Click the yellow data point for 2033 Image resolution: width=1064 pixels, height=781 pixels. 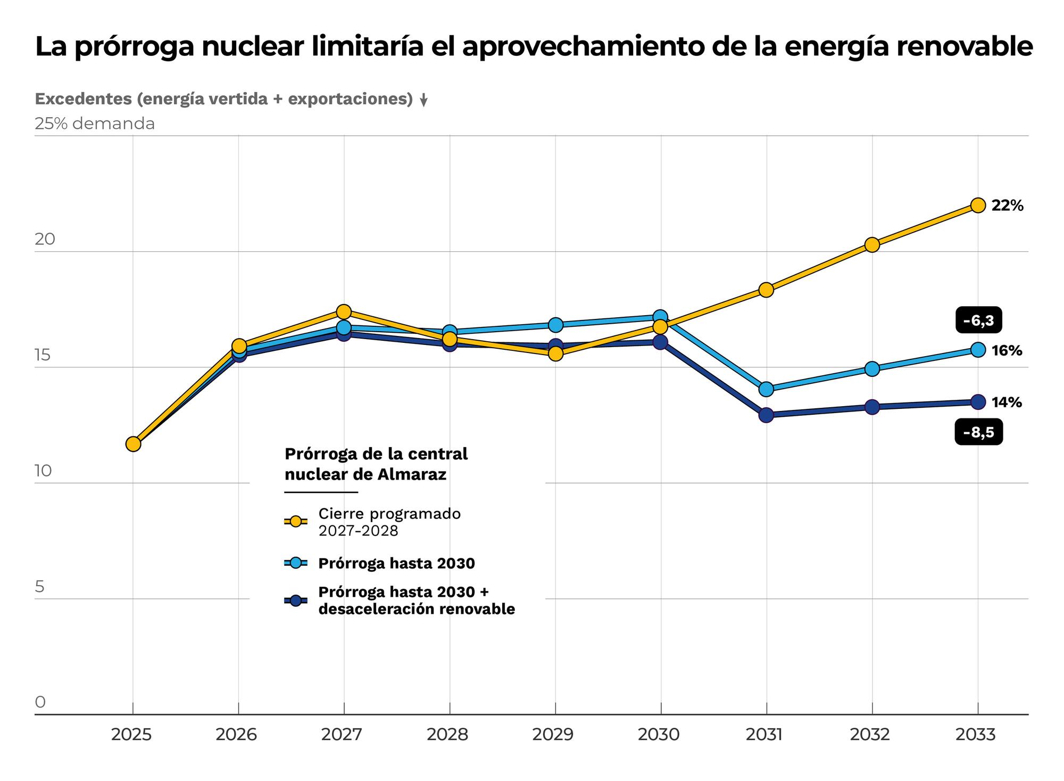[978, 205]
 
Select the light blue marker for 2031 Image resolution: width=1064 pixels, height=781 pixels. [766, 389]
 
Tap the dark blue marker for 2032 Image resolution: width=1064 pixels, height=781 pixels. [872, 407]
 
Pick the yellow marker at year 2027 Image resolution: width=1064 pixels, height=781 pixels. [344, 311]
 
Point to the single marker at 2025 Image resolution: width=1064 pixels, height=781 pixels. [133, 444]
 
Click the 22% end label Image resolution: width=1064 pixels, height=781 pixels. [1007, 206]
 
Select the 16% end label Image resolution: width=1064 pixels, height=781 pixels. [1007, 351]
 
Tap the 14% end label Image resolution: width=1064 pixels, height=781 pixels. [1007, 402]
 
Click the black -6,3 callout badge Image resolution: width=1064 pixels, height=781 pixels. [979, 320]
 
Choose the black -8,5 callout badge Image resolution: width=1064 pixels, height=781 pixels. [979, 432]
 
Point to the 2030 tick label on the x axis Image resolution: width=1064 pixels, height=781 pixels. [660, 735]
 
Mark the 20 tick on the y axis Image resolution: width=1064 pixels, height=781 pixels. [45, 239]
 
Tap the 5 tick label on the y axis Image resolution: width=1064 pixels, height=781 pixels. [40, 587]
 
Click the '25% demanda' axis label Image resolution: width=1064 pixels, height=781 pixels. [95, 124]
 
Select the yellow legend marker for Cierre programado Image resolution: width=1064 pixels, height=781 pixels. [296, 522]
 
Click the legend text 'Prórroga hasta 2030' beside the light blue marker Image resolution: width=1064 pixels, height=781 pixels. [396, 563]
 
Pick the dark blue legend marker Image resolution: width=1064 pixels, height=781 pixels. [296, 601]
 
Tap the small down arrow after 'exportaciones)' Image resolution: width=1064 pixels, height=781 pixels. [423, 101]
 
